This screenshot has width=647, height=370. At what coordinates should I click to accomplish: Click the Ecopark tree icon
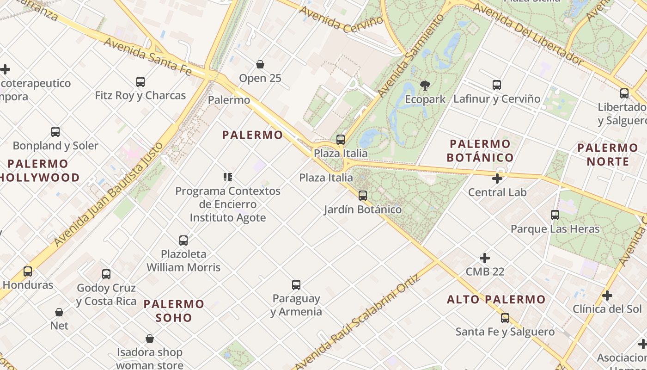[425, 86]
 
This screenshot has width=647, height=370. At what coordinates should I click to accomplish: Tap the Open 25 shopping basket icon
[260, 64]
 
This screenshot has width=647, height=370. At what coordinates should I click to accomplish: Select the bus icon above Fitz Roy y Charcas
[140, 82]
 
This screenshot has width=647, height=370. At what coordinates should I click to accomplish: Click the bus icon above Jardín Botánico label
[363, 196]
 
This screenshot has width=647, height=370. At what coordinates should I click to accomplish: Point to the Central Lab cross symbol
[497, 179]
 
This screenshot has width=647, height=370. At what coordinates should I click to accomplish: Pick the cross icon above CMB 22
[485, 258]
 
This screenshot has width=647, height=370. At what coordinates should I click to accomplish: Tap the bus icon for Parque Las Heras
[555, 215]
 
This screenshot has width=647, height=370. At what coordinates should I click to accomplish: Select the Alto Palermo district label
[496, 300]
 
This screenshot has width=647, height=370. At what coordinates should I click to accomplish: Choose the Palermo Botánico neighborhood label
[480, 151]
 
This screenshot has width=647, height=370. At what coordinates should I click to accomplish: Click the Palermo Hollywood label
[39, 171]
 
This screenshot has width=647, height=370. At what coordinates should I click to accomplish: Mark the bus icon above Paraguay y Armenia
[296, 285]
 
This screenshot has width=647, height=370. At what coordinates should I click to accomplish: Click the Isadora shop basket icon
[149, 339]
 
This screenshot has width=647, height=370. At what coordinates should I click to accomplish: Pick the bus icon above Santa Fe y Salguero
[505, 318]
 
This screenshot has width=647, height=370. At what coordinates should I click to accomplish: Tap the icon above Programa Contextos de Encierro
[227, 177]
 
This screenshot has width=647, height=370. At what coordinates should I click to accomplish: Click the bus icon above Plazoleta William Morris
[183, 240]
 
